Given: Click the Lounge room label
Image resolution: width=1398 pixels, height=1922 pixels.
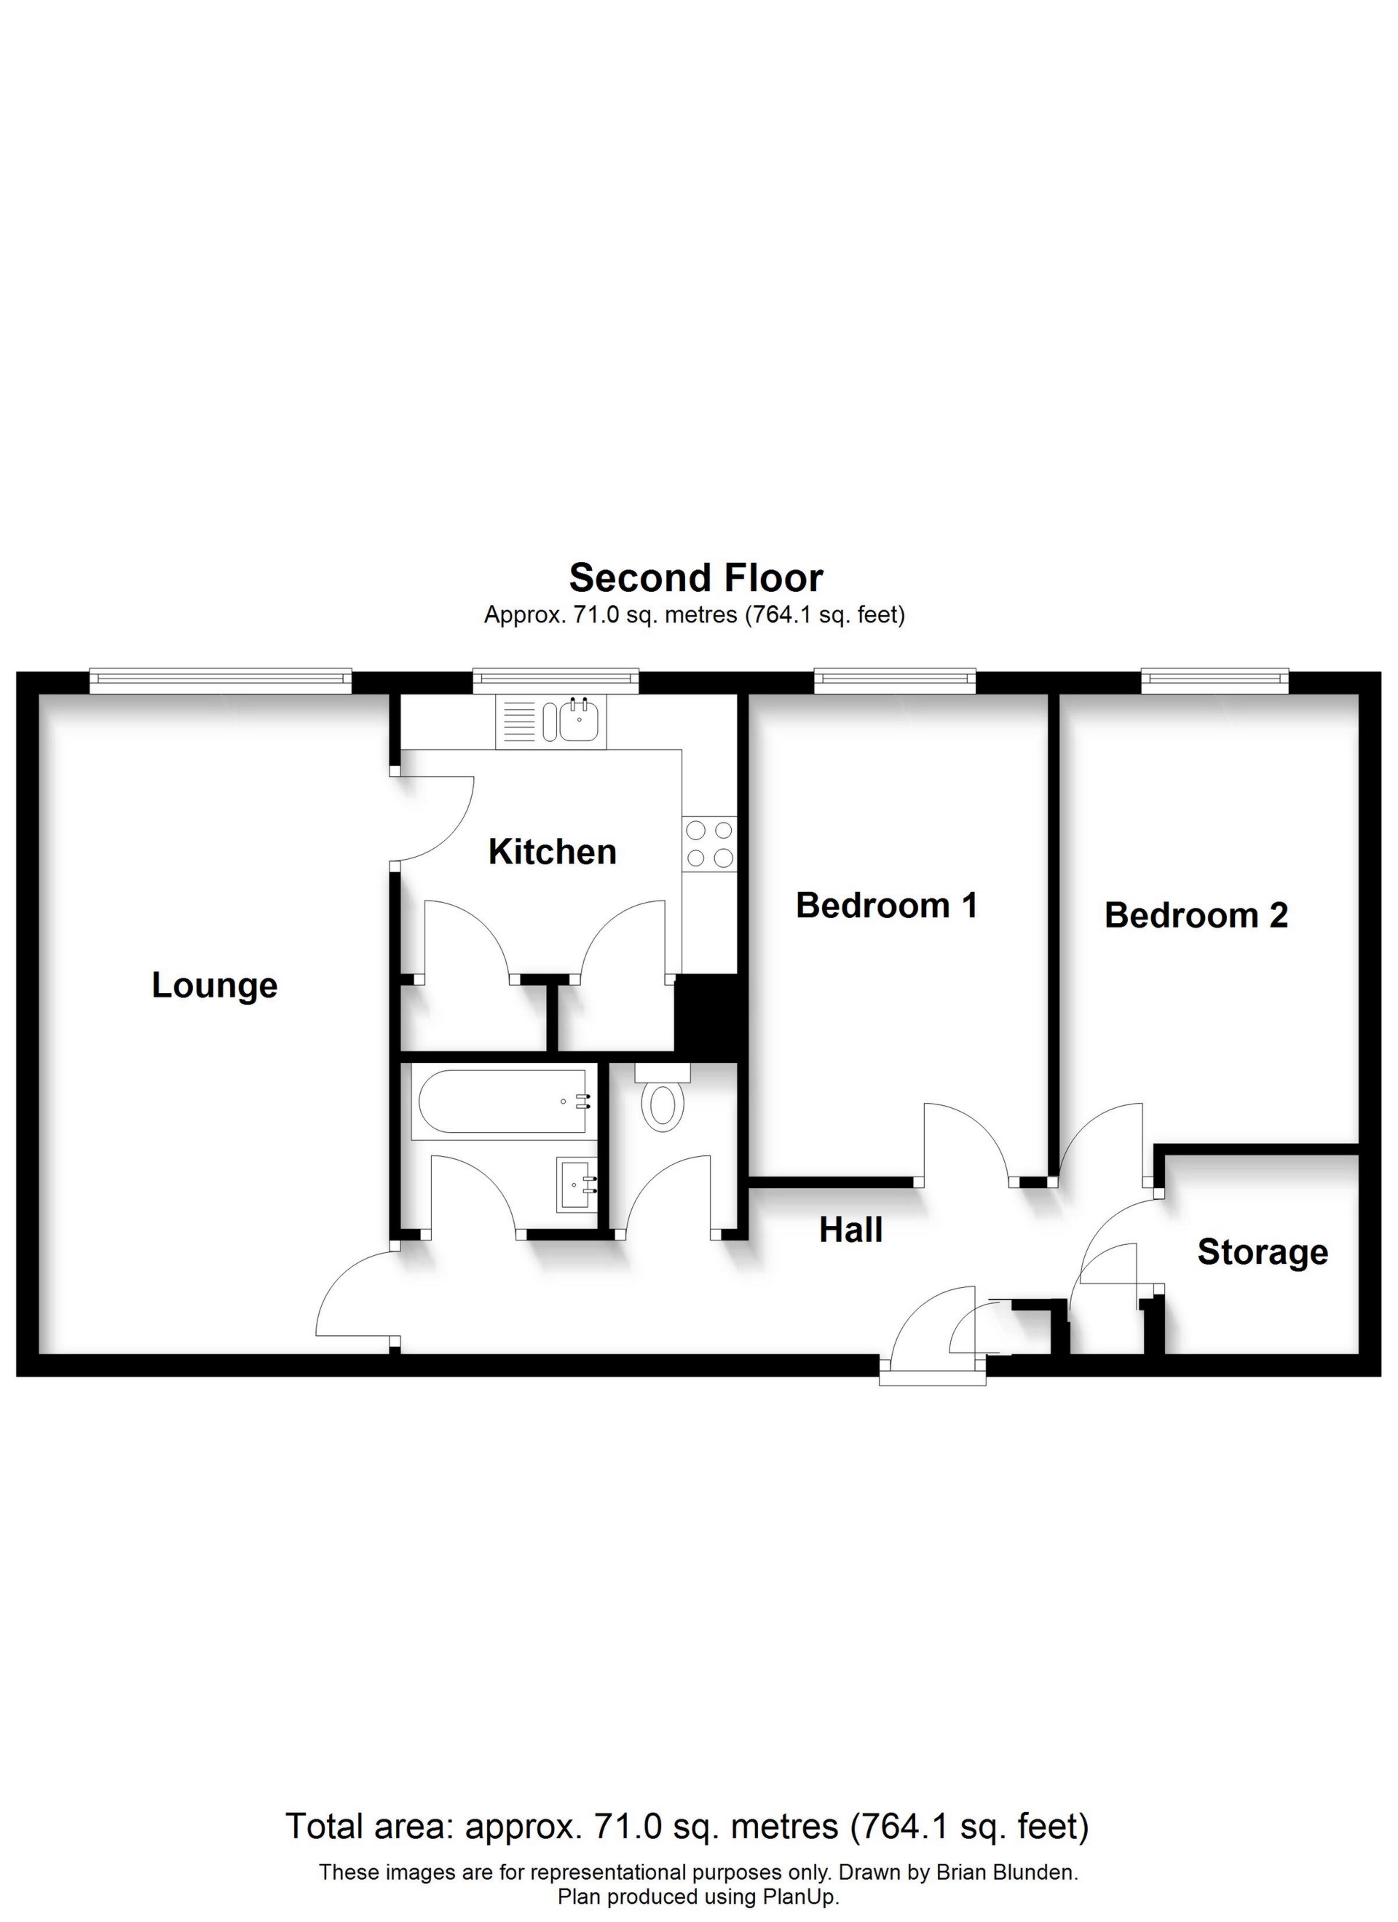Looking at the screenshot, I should (215, 986).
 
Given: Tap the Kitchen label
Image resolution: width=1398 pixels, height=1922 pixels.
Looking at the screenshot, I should (552, 852).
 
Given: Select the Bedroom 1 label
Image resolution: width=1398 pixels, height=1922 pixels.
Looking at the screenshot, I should (886, 905).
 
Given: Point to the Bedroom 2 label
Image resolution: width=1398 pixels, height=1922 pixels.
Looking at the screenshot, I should (1196, 915).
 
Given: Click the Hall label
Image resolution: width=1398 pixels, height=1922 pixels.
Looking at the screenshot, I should (850, 1230).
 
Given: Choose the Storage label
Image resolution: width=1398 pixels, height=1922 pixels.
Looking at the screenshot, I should (1262, 1251).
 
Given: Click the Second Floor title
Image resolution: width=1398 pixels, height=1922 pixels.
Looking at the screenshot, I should (695, 578).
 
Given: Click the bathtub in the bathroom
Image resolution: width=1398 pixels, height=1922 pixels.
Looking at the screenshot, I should (500, 1101).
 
